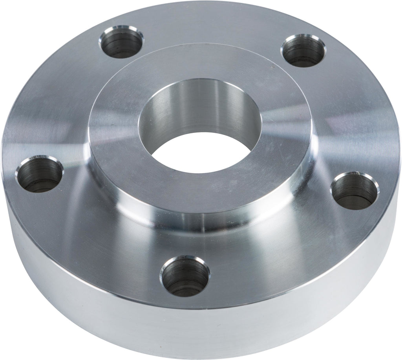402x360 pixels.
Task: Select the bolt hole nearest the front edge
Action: pyautogui.click(x=185, y=277)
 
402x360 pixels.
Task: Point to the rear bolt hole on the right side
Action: pyautogui.click(x=303, y=50)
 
